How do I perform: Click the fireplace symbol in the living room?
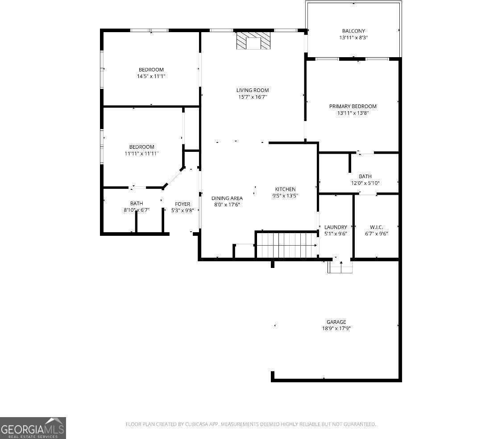pos(253,41)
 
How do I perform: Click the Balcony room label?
pos(353,31)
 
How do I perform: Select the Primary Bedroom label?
pos(353,106)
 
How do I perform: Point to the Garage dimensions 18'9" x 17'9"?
pos(336,328)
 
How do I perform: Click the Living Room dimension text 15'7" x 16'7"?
pos(253,97)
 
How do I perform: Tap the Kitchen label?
pos(285,189)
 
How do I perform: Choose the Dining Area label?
pos(227,198)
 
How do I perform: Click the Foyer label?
pos(183,204)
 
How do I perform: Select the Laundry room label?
pos(336,227)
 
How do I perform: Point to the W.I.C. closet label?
pos(377,227)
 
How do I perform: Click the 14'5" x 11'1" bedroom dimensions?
pos(151,76)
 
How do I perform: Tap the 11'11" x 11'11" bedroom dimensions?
pos(142,154)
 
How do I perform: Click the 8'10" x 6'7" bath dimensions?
pos(137,210)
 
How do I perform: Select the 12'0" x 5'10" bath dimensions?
pos(365,183)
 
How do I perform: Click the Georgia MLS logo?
pos(33,428)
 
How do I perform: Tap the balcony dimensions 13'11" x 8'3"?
pos(353,38)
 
